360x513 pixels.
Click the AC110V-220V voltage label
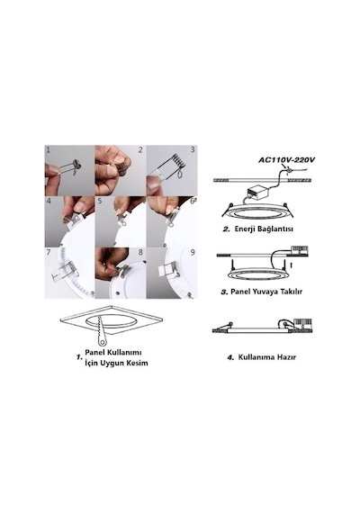[x=287, y=160]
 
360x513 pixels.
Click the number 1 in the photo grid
[x=48, y=150]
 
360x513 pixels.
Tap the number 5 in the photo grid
[x=100, y=200]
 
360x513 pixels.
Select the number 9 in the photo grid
[x=193, y=252]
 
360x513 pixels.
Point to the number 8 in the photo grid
[x=140, y=252]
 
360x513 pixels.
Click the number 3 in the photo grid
[x=193, y=149]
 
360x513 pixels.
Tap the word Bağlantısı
[x=275, y=229]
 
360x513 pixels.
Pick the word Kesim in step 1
[x=138, y=363]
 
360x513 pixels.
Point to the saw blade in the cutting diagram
[x=102, y=331]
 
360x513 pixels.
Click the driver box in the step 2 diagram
[x=257, y=193]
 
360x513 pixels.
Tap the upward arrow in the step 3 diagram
[x=291, y=265]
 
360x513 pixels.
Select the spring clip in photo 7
[x=64, y=271]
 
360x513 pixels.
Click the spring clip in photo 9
[x=168, y=269]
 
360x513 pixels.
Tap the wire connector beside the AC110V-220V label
[x=289, y=170]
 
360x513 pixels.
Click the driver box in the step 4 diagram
[x=302, y=323]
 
